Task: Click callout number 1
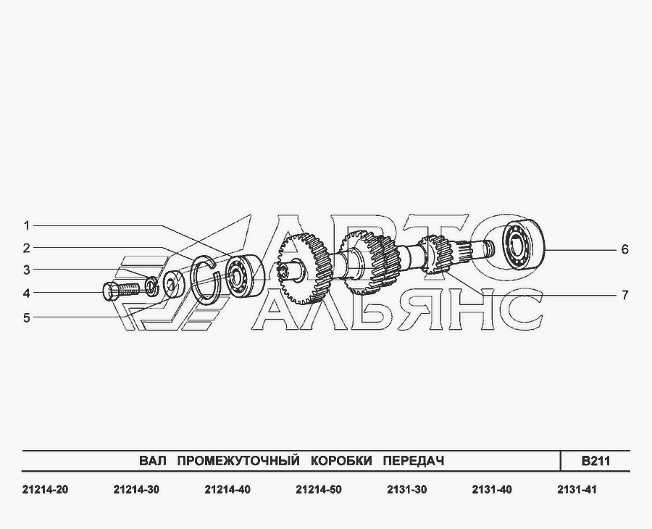tap(27, 226)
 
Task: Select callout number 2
tap(27, 249)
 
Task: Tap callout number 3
tap(27, 270)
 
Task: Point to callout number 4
tap(27, 293)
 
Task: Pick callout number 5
tap(27, 318)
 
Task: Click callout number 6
tap(624, 249)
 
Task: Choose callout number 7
tap(624, 295)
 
